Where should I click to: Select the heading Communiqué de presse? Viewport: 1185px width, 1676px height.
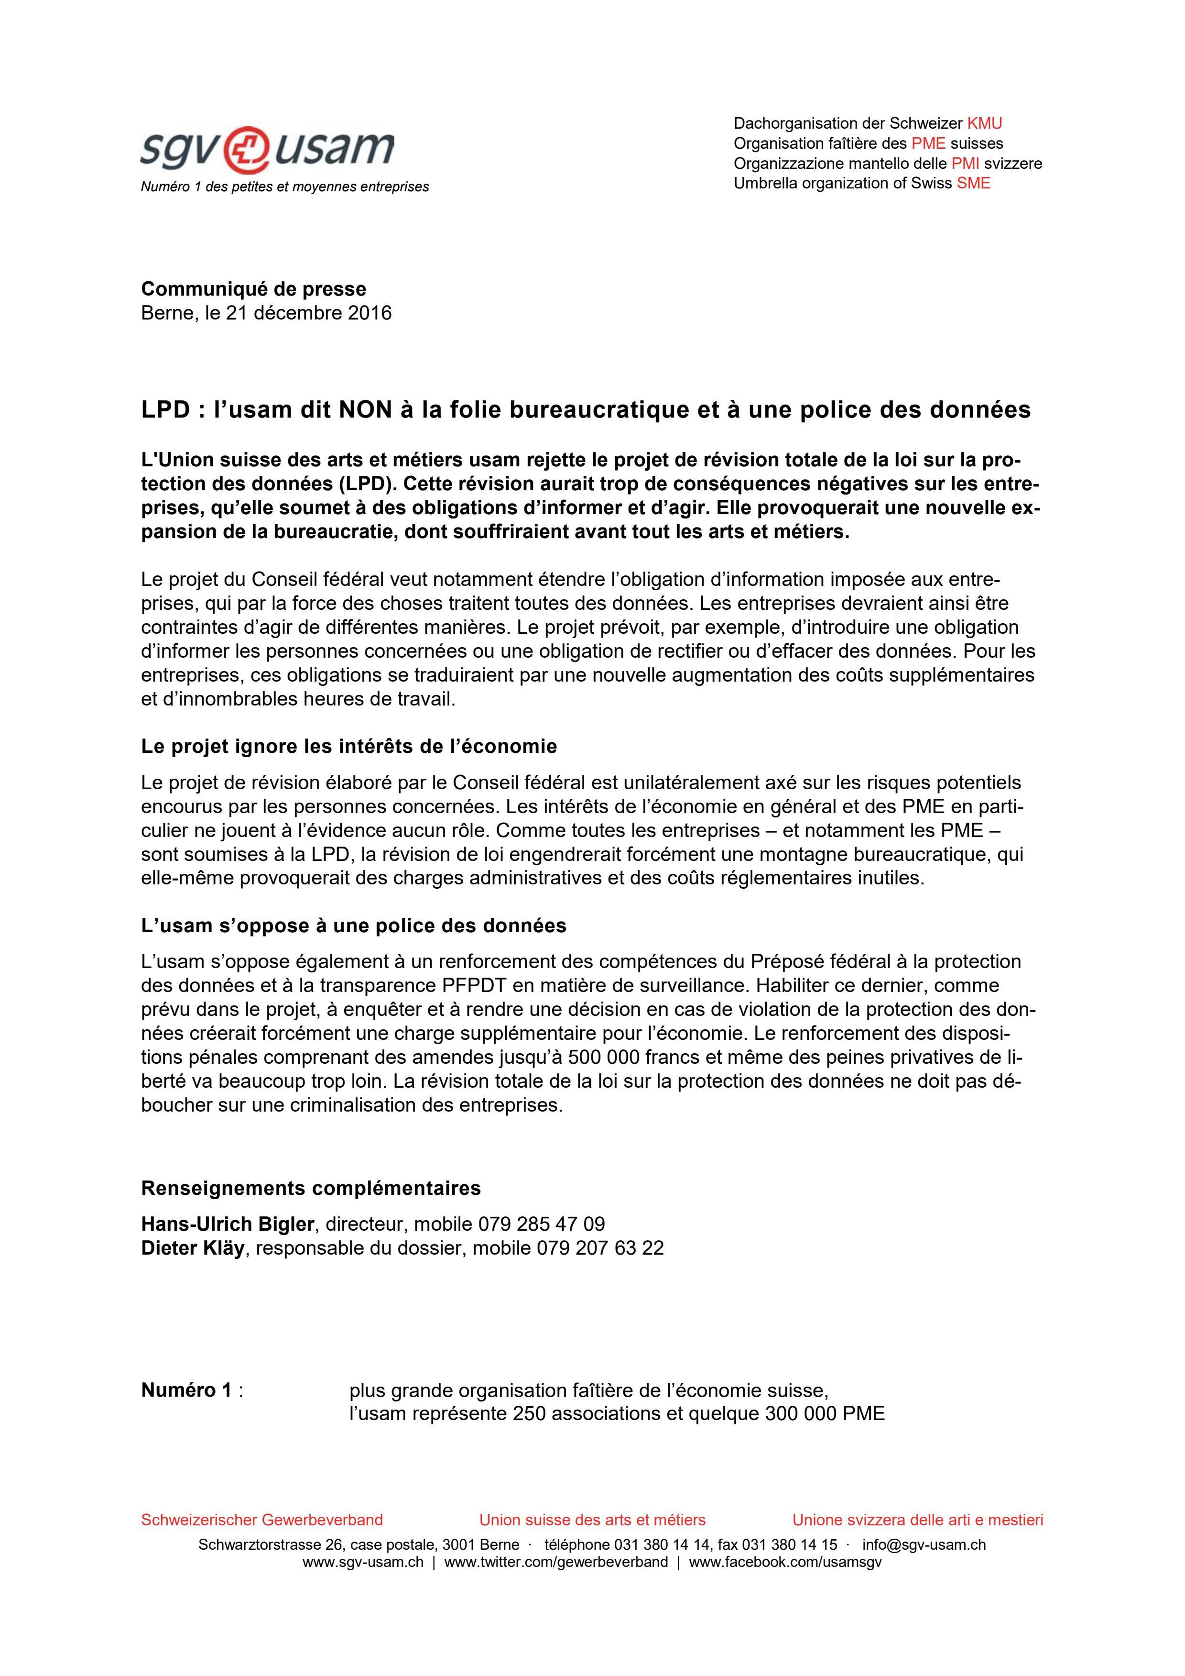(253, 288)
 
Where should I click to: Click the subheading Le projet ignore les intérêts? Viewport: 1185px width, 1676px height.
(349, 746)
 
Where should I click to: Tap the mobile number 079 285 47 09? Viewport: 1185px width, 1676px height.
(542, 1224)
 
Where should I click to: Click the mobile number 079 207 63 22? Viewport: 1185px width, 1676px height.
(600, 1248)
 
